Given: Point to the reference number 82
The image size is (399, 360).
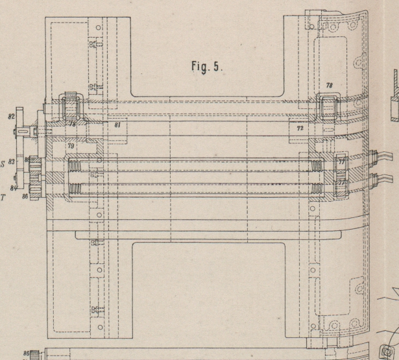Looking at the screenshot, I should [x=12, y=118].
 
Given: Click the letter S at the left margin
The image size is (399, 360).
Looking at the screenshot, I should [x=3, y=165].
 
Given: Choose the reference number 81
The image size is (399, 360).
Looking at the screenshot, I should [x=117, y=124].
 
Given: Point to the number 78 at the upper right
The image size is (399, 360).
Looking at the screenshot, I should [x=329, y=86].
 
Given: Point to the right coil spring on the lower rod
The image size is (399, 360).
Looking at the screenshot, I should [x=317, y=189].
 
